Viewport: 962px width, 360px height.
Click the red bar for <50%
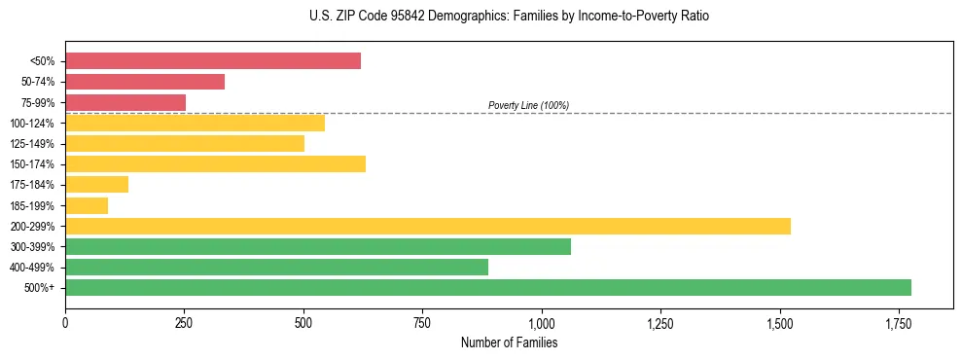213,61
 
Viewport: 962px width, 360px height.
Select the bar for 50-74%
145,82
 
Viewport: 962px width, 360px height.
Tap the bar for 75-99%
125,102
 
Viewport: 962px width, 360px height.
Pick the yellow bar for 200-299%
428,226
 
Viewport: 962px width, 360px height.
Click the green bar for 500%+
488,287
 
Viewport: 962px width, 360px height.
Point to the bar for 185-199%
87,205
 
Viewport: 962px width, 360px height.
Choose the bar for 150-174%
215,163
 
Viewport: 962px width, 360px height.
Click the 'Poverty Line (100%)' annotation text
528,105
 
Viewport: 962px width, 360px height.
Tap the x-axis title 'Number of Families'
509,342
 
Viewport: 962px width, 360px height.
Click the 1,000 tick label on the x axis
541,323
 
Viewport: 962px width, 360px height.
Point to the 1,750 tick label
898,323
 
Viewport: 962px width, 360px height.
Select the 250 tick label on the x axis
184,323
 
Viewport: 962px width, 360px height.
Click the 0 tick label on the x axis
65,323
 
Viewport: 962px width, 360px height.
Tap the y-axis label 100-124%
32,124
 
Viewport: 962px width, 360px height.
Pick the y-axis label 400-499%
32,268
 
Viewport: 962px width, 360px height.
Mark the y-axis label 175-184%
32,185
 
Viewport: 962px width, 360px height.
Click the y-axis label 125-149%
32,144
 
